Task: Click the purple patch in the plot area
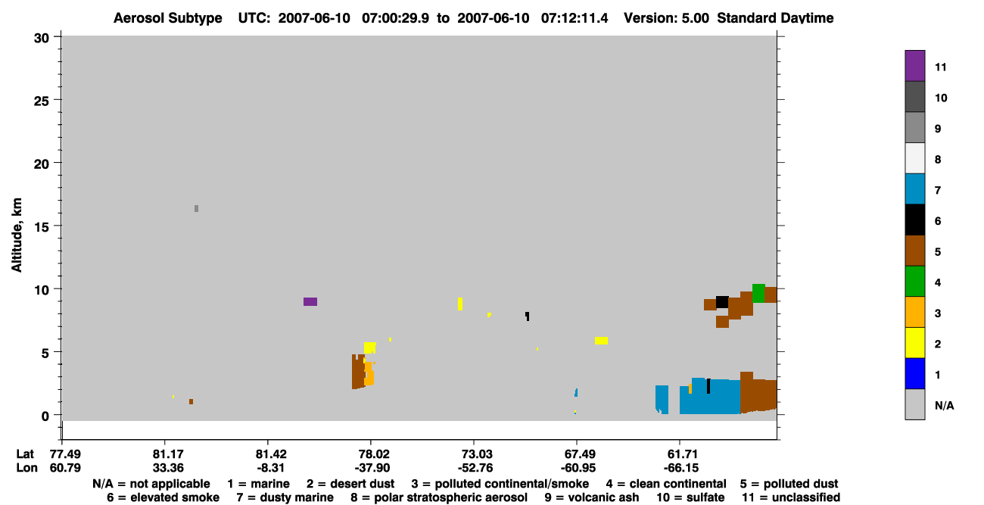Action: click(310, 301)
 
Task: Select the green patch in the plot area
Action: click(758, 293)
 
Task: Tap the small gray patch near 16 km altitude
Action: click(196, 208)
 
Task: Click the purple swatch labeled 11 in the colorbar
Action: click(914, 66)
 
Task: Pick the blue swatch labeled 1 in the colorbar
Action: click(914, 373)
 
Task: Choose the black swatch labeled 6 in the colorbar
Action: click(914, 220)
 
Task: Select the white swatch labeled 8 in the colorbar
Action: click(914, 158)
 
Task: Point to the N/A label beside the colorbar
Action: click(944, 405)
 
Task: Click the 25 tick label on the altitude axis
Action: click(42, 101)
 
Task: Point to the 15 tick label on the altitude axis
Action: click(42, 227)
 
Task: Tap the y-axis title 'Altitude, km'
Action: click(16, 235)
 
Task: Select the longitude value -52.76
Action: click(475, 468)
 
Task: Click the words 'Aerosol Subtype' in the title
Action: click(168, 18)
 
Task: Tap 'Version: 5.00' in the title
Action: click(666, 18)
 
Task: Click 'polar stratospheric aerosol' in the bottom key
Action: click(450, 497)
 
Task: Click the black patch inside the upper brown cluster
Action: click(722, 302)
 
